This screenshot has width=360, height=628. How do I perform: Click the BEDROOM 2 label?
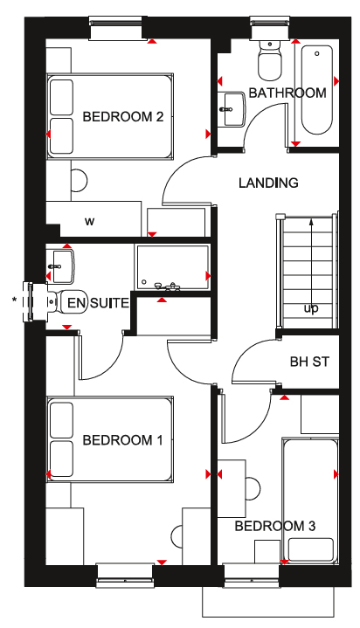[x=123, y=117]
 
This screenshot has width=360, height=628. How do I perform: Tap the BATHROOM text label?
[x=287, y=93]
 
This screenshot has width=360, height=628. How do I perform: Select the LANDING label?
[x=268, y=183]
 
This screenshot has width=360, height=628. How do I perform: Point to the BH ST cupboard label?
[x=309, y=362]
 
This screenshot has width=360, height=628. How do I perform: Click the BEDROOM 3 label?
[x=275, y=526]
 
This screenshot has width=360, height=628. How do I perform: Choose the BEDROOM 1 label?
[x=122, y=440]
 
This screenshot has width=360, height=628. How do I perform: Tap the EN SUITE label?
[x=98, y=303]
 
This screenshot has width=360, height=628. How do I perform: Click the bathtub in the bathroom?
[x=317, y=90]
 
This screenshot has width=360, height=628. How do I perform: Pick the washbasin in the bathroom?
[x=232, y=108]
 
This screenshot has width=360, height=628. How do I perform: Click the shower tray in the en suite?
[x=173, y=266]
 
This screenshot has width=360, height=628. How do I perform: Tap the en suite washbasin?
[x=60, y=266]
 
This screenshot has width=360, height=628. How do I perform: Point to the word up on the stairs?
[x=311, y=308]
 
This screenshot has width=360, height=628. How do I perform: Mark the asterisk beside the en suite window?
[x=15, y=299]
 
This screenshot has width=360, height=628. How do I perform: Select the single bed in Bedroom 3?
[x=311, y=500]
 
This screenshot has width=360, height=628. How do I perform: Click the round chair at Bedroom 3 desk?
[x=253, y=489]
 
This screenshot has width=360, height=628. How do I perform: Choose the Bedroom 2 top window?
[x=115, y=29]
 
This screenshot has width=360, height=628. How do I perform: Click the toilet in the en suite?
[x=66, y=301]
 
